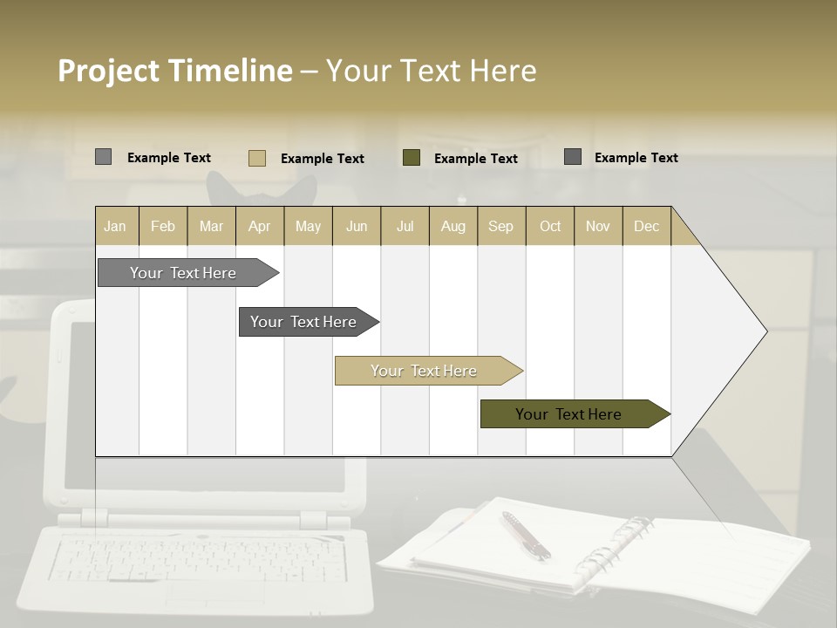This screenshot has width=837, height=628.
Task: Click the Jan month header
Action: pyautogui.click(x=115, y=226)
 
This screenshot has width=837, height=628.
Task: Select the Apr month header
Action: pyautogui.click(x=259, y=226)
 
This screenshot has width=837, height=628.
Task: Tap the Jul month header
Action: pyautogui.click(x=405, y=226)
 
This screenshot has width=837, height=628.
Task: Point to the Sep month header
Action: pyautogui.click(x=500, y=226)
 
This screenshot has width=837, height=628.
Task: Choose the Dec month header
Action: pyautogui.click(x=646, y=226)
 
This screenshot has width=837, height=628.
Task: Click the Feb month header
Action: pyautogui.click(x=163, y=226)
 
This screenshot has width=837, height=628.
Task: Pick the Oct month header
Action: pyautogui.click(x=550, y=226)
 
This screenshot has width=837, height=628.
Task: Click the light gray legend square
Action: pyautogui.click(x=103, y=157)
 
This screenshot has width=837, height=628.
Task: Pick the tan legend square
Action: pyautogui.click(x=256, y=158)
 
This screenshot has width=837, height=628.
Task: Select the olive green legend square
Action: pyautogui.click(x=412, y=158)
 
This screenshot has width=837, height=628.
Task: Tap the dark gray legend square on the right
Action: pyautogui.click(x=573, y=157)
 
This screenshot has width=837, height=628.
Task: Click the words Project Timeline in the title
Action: pyautogui.click(x=175, y=71)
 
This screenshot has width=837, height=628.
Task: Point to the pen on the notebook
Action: pyautogui.click(x=525, y=535)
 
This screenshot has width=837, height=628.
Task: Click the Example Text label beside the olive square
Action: pyautogui.click(x=475, y=159)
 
